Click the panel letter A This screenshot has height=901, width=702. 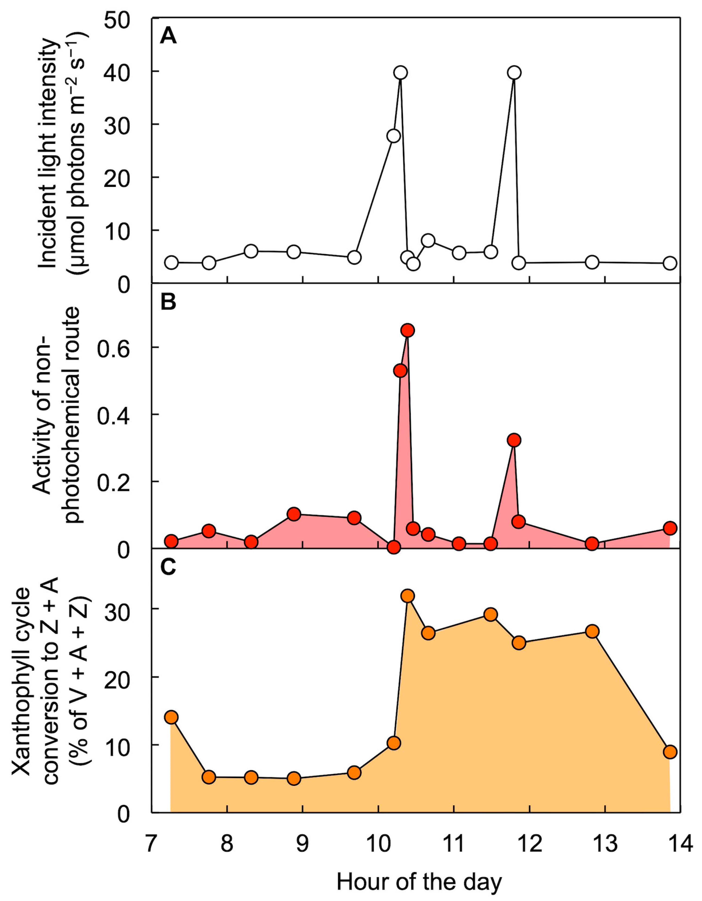click(x=168, y=36)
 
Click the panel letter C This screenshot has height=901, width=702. click(x=168, y=568)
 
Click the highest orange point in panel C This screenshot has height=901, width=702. click(x=408, y=596)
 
